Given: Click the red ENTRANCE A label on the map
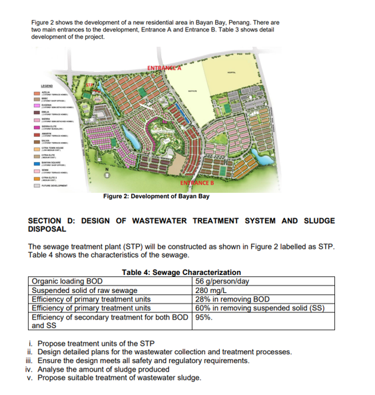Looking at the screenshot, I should coord(166,66).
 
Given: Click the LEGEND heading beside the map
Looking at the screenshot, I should coord(47,85).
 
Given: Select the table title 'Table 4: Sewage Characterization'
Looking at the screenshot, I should coord(181,272).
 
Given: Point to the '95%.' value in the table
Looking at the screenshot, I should coord(204,318).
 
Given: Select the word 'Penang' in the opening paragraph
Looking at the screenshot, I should coord(250,23).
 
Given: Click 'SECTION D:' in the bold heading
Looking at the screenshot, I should coord(55,220).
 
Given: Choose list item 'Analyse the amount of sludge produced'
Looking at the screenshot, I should coord(103,369).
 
